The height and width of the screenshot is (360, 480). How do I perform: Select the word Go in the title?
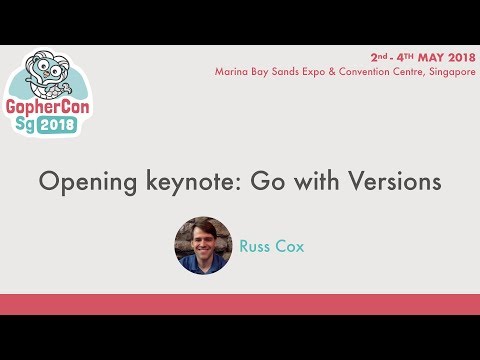pos(268,182)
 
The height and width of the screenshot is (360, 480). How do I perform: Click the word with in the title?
pos(318,182)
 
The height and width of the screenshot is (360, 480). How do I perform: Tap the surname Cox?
pos(291,245)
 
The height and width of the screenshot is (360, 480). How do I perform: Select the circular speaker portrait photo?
pos(203,245)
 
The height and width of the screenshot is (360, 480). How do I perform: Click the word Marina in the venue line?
pos(234,72)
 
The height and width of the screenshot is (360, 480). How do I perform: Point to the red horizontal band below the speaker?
pos(240,304)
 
